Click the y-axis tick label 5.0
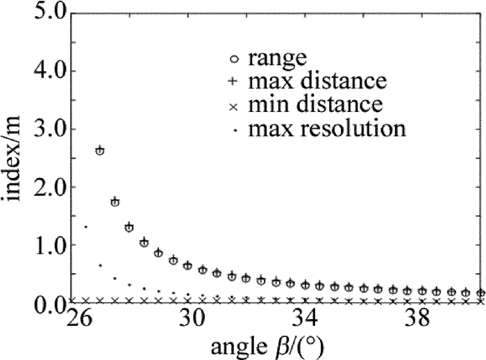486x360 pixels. (x=47, y=13)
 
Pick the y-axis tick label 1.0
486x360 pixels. (x=47, y=245)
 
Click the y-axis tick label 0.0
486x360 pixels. (x=47, y=303)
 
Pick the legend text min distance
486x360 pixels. (x=317, y=105)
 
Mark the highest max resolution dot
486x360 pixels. (x=85, y=227)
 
